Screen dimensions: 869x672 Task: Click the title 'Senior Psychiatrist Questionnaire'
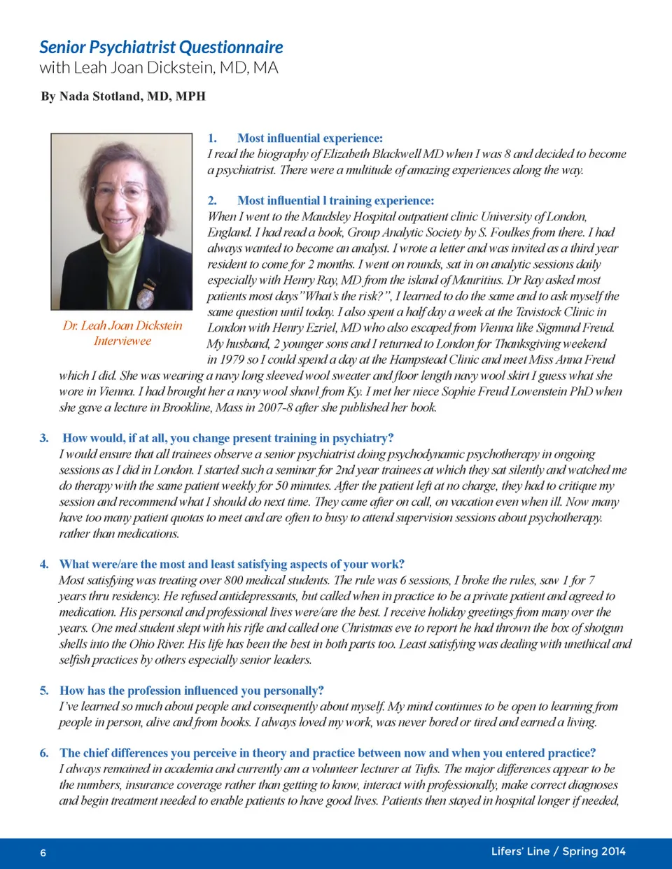[161, 48]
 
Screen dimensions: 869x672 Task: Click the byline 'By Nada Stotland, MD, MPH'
[123, 97]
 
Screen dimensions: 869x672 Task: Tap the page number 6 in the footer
[43, 852]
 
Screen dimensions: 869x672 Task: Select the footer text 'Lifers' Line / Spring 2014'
[558, 852]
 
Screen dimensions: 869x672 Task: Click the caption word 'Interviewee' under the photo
[122, 341]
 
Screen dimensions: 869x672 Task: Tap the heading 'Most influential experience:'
[309, 139]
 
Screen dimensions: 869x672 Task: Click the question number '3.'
[44, 438]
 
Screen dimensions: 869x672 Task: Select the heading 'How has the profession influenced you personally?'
[192, 691]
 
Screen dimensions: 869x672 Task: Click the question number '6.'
[44, 753]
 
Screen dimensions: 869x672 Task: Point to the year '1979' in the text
[223, 360]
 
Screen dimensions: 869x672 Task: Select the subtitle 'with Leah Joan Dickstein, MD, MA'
[159, 68]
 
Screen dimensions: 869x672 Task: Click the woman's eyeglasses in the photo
[122, 192]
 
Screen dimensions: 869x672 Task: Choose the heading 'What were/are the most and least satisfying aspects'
[232, 565]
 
